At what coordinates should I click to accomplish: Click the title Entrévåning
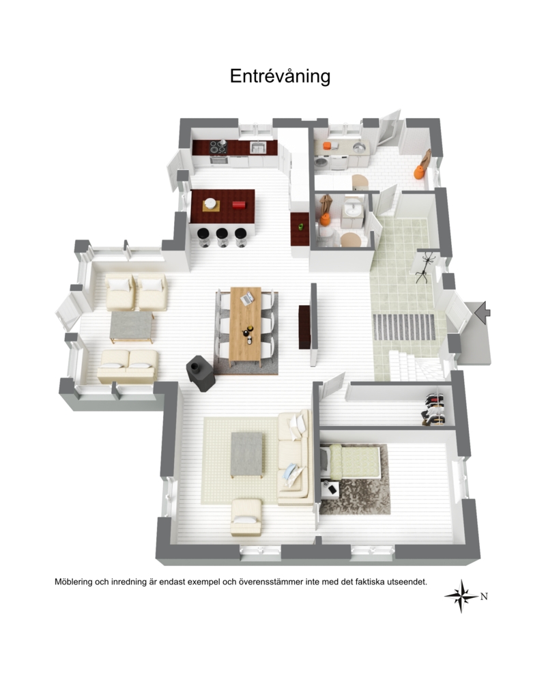(280, 76)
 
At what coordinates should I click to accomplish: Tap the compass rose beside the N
(461, 596)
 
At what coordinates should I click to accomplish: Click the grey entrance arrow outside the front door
(482, 312)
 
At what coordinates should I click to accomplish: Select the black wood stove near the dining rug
(201, 373)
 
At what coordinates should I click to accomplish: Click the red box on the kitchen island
(239, 205)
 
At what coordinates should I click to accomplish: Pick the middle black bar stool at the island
(222, 237)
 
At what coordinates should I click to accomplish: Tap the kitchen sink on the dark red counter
(258, 148)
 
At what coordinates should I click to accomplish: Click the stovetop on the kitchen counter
(218, 147)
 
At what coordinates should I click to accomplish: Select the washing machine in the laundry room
(322, 162)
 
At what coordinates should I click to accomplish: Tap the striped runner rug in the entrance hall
(404, 326)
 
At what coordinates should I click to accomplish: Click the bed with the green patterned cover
(351, 461)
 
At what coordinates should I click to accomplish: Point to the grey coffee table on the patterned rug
(247, 455)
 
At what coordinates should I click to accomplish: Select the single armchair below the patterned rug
(246, 517)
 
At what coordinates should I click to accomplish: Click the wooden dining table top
(246, 324)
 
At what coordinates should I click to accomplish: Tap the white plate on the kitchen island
(210, 203)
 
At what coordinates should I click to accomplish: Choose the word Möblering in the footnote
(73, 582)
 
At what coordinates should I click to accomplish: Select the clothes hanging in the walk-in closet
(434, 409)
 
